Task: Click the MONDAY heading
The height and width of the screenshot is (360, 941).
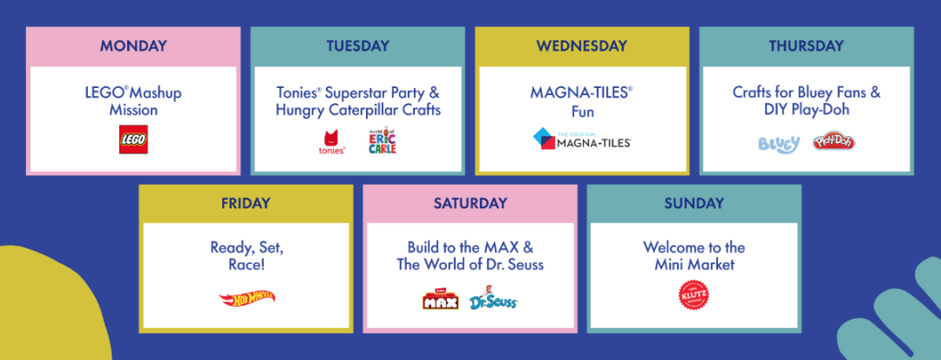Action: click(x=133, y=45)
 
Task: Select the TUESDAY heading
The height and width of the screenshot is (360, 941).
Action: click(x=358, y=45)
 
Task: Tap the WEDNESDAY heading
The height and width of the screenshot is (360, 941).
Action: click(x=581, y=45)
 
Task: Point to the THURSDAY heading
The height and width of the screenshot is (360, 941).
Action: click(x=806, y=45)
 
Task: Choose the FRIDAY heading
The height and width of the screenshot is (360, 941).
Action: click(x=246, y=203)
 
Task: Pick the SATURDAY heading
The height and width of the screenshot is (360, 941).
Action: click(x=470, y=203)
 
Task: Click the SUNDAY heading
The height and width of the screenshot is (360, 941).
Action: click(x=694, y=203)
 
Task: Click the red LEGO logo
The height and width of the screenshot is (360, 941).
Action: click(x=133, y=139)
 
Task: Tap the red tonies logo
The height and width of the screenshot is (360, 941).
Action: click(x=332, y=142)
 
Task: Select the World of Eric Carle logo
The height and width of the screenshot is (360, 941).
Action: click(x=382, y=140)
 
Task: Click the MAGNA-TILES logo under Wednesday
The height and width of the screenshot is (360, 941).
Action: click(x=581, y=139)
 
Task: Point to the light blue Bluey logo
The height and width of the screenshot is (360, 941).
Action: click(x=779, y=144)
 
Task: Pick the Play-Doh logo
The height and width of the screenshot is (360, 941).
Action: click(x=834, y=141)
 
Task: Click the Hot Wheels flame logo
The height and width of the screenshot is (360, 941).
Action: click(x=247, y=297)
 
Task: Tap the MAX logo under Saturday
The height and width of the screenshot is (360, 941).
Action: click(x=440, y=298)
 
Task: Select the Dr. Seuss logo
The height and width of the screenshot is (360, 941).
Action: click(x=492, y=297)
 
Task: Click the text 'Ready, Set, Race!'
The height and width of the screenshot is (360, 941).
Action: click(x=246, y=256)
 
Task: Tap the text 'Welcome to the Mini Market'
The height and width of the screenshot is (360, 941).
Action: click(x=694, y=256)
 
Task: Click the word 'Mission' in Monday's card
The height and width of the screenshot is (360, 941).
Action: click(x=133, y=111)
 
